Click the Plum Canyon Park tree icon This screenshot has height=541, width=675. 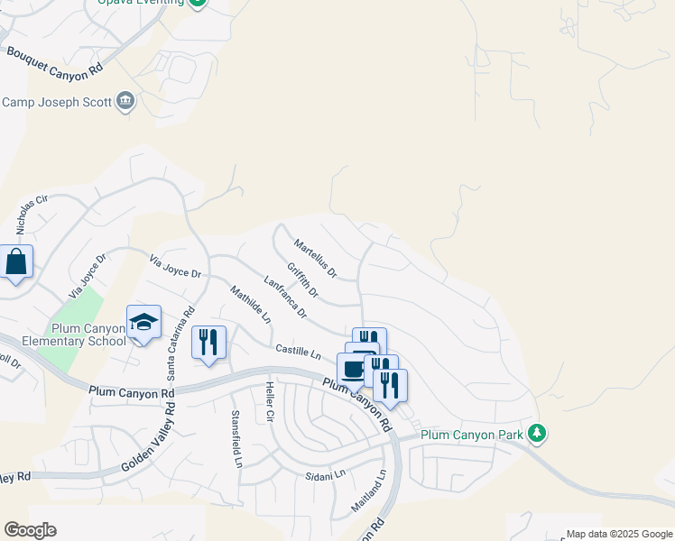[537, 435]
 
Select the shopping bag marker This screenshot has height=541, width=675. [16, 262]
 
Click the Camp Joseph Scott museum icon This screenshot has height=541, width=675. [125, 101]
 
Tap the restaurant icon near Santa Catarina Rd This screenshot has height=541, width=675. [208, 342]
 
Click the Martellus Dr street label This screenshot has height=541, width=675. [315, 258]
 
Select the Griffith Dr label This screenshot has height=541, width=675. [303, 280]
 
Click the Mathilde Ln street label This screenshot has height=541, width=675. [250, 305]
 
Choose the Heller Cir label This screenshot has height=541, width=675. [269, 403]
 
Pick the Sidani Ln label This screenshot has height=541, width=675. [325, 474]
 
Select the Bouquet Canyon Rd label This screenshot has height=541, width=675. [55, 60]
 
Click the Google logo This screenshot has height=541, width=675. [30, 530]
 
